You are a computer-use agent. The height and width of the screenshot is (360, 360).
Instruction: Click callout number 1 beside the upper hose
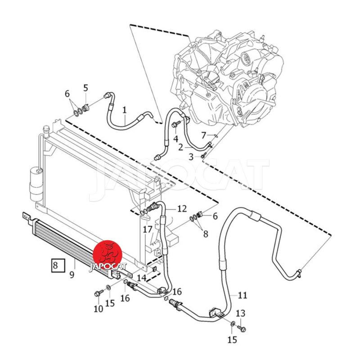click(x=124, y=109)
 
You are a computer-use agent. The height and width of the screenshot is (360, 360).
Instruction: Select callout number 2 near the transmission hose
click(x=180, y=147)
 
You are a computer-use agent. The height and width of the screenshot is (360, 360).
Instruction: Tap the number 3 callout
click(x=191, y=157)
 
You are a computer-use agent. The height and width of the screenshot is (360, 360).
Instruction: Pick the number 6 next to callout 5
click(x=67, y=94)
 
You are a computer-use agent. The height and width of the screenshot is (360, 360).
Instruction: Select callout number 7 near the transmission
click(x=203, y=135)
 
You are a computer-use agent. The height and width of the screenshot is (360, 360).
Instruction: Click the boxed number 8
click(x=55, y=265)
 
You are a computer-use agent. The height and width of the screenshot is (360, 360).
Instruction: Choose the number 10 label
click(x=98, y=309)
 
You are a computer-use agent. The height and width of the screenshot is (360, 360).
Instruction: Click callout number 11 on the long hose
click(x=243, y=296)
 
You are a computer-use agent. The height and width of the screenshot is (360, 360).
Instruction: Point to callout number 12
click(x=181, y=209)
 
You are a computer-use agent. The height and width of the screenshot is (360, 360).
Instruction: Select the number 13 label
click(x=241, y=313)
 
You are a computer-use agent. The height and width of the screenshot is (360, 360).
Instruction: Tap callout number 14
click(x=142, y=278)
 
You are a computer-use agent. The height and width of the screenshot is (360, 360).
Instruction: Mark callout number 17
click(x=148, y=229)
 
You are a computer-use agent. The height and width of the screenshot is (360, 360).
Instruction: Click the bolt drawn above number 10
click(x=98, y=294)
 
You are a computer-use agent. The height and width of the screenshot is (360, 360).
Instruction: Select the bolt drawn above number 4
click(x=176, y=122)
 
